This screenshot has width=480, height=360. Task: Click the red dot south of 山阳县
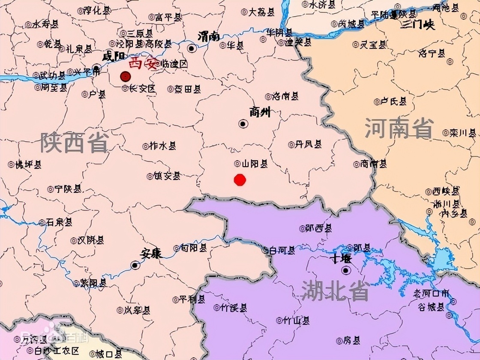(240, 180)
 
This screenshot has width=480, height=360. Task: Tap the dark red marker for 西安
(125, 77)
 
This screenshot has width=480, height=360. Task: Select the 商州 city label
(260, 112)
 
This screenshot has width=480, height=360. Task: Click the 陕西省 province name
(75, 142)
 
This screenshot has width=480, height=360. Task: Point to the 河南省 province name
(399, 128)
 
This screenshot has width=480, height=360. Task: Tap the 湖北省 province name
(335, 291)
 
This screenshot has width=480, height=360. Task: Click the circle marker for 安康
(135, 266)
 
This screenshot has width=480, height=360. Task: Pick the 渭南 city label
(209, 36)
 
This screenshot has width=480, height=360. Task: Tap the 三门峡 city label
(417, 25)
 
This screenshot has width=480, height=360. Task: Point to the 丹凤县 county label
(308, 145)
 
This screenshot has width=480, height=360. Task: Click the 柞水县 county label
(162, 146)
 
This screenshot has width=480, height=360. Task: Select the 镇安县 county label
(167, 176)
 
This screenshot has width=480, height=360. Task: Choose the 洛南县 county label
(285, 97)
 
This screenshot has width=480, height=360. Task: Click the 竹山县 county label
(296, 320)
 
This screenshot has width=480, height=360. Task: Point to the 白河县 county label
(281, 250)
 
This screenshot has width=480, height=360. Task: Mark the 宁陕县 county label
(67, 189)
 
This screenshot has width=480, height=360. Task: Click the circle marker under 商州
(243, 124)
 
